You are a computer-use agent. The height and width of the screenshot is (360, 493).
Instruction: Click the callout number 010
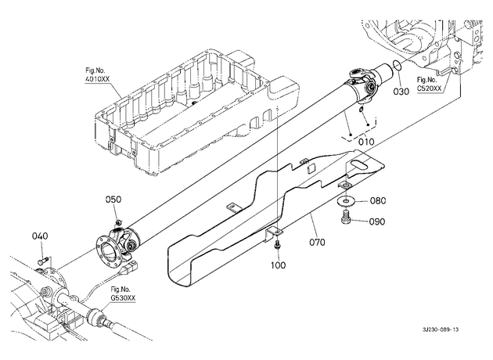coord(366,142)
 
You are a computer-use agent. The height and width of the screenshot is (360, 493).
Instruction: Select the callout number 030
coord(401,92)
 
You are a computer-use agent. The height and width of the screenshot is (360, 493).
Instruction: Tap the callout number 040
coord(40,236)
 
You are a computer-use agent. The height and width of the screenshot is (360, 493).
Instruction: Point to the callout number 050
coord(113,200)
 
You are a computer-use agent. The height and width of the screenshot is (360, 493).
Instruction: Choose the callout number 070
coord(317,242)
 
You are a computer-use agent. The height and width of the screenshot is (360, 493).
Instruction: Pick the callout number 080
coord(378,200)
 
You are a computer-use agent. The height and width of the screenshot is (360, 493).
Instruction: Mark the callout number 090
coord(376,221)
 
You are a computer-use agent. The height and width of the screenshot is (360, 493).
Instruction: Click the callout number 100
coord(279,265)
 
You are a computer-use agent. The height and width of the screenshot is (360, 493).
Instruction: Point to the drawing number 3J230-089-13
coord(441,329)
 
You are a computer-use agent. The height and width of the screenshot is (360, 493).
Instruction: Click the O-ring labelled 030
coord(397,66)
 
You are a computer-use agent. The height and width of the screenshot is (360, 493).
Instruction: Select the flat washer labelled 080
coord(346,200)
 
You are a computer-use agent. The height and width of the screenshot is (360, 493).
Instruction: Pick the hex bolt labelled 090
coord(345,218)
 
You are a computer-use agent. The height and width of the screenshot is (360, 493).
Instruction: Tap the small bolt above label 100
coord(277,245)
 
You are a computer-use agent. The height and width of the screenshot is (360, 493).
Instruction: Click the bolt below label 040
coord(42,261)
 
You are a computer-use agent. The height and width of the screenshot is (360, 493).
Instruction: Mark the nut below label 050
coord(117,222)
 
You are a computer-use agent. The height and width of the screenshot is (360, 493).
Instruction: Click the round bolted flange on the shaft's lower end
coord(107,249)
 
